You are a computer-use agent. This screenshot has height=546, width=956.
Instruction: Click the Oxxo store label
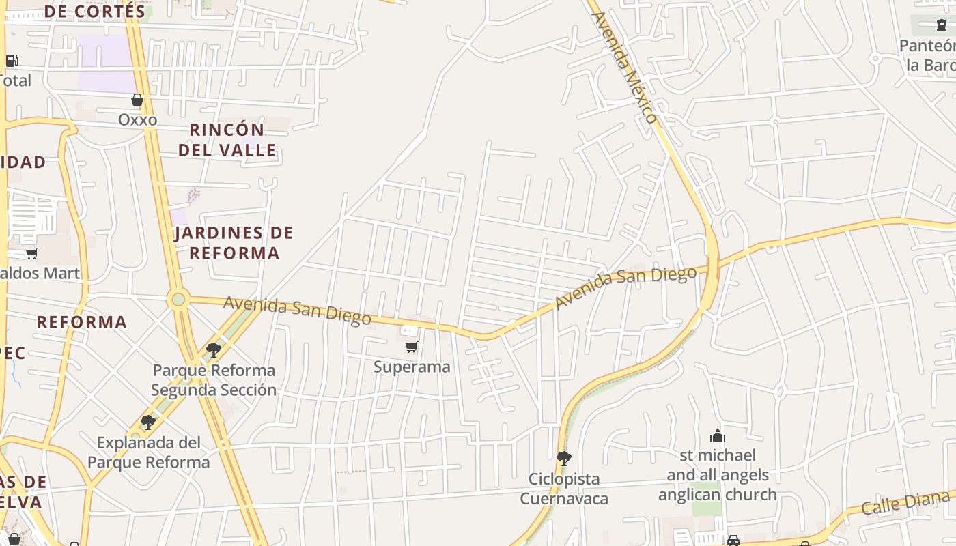point(137,120)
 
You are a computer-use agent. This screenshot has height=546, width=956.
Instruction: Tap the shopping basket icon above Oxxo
point(137,100)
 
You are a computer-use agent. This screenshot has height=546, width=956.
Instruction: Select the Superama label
point(412,367)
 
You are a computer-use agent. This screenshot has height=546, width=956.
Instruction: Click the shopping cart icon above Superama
point(412,347)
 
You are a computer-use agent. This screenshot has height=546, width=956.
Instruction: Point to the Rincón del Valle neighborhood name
point(227,140)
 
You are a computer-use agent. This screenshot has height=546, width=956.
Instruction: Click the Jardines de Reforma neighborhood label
point(234,243)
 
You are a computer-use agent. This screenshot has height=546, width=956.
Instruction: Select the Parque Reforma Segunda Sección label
point(214,380)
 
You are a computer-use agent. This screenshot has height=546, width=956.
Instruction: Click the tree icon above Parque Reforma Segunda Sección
point(214,350)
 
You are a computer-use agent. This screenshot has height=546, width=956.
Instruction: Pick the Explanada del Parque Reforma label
point(149,452)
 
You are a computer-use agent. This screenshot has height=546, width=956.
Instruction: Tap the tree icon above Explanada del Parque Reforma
point(148,422)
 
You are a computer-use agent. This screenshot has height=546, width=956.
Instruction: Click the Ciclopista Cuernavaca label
point(564,489)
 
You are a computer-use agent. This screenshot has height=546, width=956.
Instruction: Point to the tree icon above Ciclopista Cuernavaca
point(564,458)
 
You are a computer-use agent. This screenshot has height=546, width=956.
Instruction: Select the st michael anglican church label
point(718,475)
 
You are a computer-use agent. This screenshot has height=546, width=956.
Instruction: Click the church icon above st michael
point(718,435)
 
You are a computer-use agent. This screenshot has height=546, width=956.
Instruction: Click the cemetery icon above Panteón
point(942,26)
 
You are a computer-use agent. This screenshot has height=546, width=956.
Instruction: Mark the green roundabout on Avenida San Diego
point(178,299)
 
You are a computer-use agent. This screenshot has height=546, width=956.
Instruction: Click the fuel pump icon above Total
point(12,60)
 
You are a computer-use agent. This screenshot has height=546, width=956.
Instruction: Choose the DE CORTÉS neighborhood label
point(96,12)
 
